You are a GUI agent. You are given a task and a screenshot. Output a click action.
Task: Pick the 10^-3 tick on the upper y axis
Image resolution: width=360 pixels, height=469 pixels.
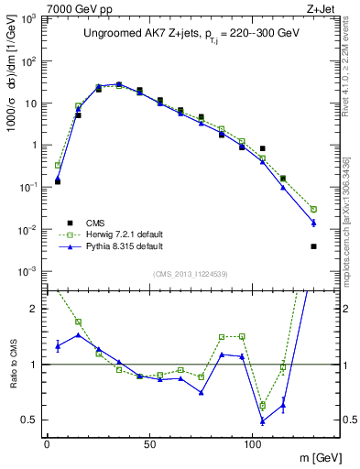point(27,271)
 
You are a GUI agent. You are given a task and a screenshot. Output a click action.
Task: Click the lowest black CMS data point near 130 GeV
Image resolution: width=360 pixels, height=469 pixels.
point(314,246)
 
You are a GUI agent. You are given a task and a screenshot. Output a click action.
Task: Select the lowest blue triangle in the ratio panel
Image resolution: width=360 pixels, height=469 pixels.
point(263,420)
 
